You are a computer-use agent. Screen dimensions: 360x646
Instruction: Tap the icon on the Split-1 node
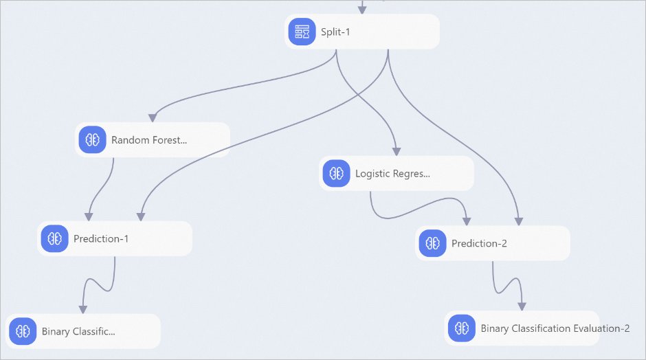click(302, 32)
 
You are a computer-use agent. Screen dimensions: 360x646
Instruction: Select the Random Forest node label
click(149, 140)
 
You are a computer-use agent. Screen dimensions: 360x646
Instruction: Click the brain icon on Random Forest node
click(92, 139)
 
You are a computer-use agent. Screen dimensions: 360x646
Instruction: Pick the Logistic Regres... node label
click(392, 174)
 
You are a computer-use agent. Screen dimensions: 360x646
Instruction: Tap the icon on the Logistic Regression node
click(336, 173)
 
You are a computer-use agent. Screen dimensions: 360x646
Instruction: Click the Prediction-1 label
click(101, 239)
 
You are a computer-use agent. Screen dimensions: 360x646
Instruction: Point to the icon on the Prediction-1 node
click(54, 238)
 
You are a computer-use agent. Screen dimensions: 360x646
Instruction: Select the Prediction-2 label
click(479, 243)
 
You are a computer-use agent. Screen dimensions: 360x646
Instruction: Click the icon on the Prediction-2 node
click(432, 243)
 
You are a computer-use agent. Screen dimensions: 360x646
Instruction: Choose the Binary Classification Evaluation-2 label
click(555, 328)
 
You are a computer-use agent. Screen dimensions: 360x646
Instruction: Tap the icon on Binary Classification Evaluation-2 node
click(462, 328)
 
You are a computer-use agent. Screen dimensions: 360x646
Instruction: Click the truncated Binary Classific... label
click(78, 332)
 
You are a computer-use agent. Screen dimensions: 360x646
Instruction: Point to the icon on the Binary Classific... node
click(23, 331)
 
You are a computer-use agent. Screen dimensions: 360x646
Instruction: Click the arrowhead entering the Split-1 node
click(362, 9)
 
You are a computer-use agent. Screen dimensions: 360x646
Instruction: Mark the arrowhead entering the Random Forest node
click(153, 117)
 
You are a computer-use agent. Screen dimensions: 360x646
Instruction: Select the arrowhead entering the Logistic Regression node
click(397, 152)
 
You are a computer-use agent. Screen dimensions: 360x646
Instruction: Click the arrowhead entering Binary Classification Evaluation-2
click(522, 306)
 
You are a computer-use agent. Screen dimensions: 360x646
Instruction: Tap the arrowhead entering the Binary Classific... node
click(82, 309)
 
